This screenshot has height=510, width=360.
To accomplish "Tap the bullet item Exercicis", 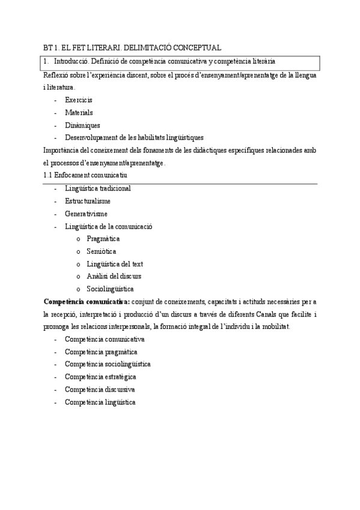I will pyautogui.click(x=79, y=99).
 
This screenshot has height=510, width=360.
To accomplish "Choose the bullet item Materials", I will pyautogui.click(x=79, y=112).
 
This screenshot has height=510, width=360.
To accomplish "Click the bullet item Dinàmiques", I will pyautogui.click(x=82, y=125).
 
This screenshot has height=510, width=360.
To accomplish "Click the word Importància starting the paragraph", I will pyautogui.click(x=63, y=150).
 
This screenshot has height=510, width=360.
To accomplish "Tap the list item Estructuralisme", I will pyautogui.click(x=88, y=201).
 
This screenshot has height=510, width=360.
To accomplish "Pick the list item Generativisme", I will pyautogui.click(x=86, y=214).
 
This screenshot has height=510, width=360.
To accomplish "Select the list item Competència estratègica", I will pyautogui.click(x=100, y=376).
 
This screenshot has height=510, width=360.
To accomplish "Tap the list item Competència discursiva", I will pyautogui.click(x=100, y=389).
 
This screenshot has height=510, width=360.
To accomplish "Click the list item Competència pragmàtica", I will pyautogui.click(x=101, y=351).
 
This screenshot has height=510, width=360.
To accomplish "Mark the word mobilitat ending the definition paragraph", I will pyautogui.click(x=275, y=326).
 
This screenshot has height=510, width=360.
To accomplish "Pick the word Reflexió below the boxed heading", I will pyautogui.click(x=57, y=75).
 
